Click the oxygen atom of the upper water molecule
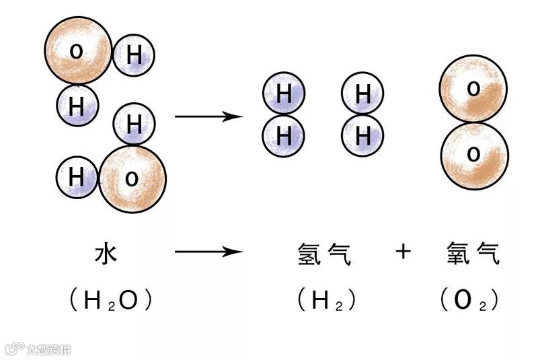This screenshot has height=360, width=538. coord(78,50)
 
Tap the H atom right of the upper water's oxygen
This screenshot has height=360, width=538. coord(134,55)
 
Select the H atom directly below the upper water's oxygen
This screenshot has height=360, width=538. coord(77,106)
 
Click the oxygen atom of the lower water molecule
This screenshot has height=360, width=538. coord(132,178)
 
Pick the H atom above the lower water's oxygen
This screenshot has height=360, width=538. coord(134,124)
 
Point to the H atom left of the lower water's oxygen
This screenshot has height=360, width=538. coord(77,177)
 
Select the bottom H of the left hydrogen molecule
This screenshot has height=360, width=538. coord(284,136)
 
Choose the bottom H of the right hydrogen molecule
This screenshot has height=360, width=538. coord(362,136)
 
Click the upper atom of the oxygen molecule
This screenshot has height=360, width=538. coord(473,88)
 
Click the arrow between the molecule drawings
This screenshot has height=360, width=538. coord(208,116)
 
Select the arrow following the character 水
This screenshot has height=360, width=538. coord(208,253)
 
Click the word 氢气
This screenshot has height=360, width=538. coord(324,254)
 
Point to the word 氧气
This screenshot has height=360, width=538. coord(473,254)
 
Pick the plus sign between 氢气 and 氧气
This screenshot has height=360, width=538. coord(403,252)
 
